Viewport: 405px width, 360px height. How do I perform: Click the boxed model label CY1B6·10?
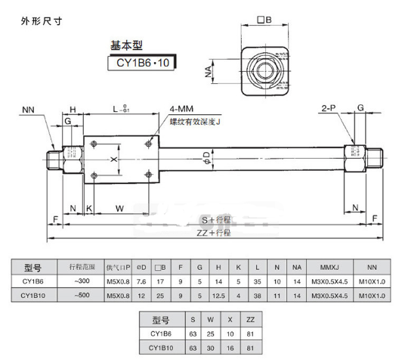pyautogui.click(x=143, y=64)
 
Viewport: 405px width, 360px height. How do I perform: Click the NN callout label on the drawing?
pyautogui.click(x=29, y=110)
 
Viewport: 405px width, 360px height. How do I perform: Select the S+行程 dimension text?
pyautogui.click(x=213, y=219)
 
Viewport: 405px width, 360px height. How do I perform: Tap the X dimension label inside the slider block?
pyautogui.click(x=114, y=159)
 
